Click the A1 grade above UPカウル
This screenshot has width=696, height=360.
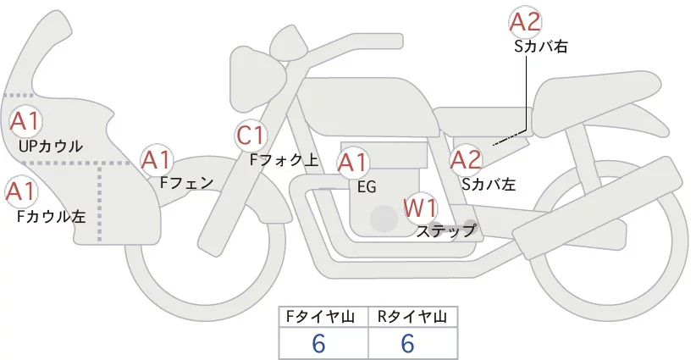tap(24, 121)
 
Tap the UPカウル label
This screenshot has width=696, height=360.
tap(51, 147)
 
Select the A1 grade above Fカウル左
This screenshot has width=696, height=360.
tap(21, 191)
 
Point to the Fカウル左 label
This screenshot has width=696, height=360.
tap(52, 216)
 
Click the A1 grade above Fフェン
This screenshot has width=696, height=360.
tap(157, 159)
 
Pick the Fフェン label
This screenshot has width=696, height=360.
tap(187, 181)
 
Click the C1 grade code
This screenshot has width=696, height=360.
tap(252, 135)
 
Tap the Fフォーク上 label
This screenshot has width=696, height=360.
tap(284, 158)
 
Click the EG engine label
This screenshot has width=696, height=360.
tap(367, 187)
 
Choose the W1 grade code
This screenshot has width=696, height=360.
tap(420, 206)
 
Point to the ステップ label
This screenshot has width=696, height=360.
tap(446, 230)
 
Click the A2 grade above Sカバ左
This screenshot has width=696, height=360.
tap(466, 159)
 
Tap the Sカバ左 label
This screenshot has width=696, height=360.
tap(489, 182)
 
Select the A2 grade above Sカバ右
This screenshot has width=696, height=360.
tap(525, 23)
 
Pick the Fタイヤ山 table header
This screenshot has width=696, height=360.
tap(323, 316)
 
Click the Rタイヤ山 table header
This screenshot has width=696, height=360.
tap(412, 316)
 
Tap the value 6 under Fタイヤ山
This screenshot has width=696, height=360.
tap(319, 343)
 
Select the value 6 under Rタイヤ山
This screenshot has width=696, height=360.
tap(408, 343)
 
